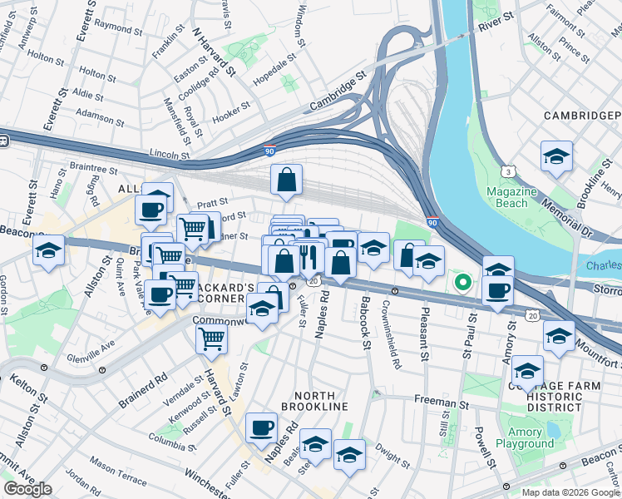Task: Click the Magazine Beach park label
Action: coord(506,197)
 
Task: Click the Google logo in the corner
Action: coord(27,489)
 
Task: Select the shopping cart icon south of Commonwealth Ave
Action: coord(212,338)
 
